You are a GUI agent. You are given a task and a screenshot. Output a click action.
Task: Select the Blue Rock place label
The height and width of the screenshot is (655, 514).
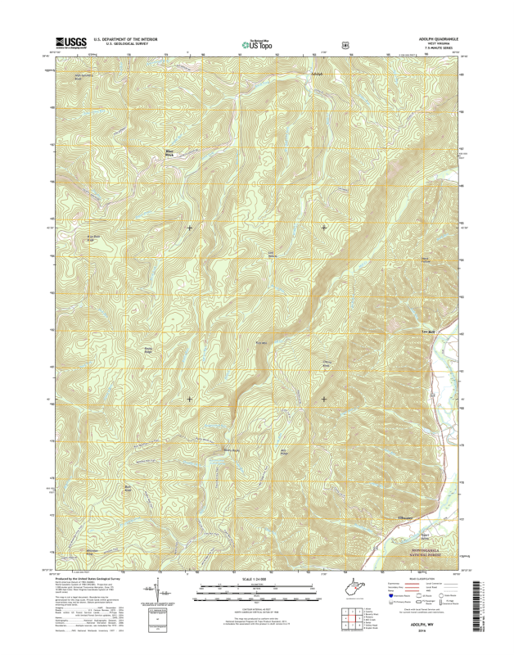[x=170, y=152]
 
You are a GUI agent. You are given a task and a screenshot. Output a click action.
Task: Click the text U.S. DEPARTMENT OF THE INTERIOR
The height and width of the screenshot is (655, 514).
[x=124, y=38]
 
